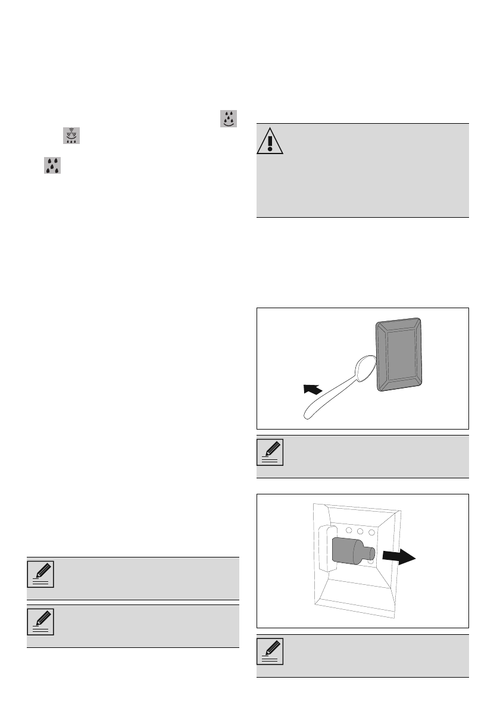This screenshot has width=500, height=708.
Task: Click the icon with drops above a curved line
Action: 229,118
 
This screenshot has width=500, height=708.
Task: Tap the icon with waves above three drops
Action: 71,136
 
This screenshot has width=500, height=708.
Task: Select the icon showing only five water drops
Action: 53,165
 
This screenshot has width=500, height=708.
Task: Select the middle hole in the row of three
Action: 360,528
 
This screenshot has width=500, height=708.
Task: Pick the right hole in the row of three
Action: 371,528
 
